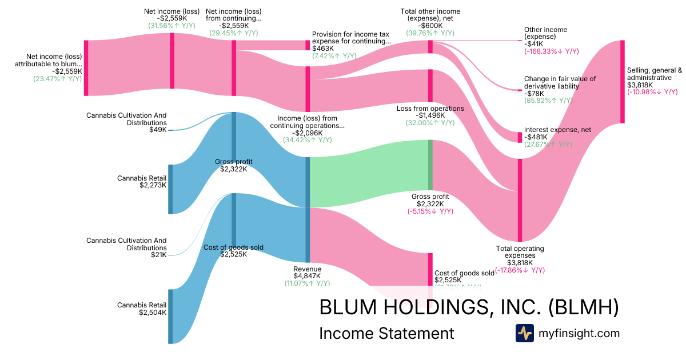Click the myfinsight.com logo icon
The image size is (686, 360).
524,333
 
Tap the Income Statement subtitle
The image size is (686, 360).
386,334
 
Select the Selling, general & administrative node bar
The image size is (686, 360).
623,82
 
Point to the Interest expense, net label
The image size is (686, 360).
557,130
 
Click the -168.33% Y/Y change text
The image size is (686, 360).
548,51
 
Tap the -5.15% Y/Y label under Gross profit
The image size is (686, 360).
430,211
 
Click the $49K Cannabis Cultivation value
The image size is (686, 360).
158,130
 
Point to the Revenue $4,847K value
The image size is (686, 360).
308,276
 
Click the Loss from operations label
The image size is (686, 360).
430,109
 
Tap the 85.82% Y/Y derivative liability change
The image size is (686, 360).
548,101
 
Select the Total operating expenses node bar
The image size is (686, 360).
520,200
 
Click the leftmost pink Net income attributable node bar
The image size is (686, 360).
86,67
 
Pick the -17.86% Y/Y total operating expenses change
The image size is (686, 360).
520,270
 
